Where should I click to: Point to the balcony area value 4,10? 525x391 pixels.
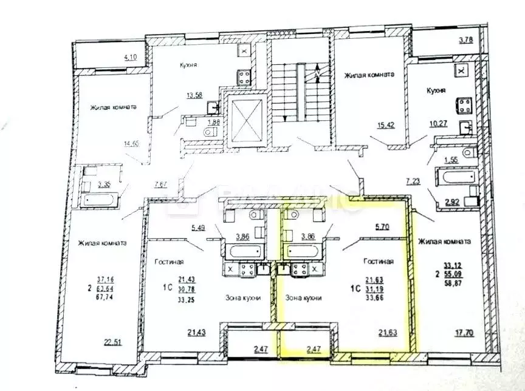[131, 58]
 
